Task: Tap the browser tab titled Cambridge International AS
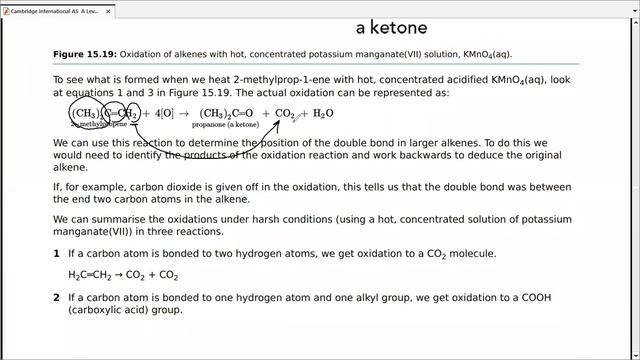point(48,7)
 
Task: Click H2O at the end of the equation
point(323,114)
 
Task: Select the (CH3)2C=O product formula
point(227,114)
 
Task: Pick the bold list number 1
point(56,254)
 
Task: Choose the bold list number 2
point(56,298)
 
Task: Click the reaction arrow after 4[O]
point(184,114)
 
